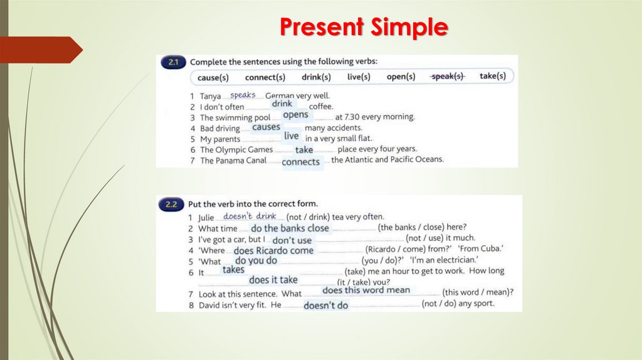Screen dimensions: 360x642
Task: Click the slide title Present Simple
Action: tap(364, 27)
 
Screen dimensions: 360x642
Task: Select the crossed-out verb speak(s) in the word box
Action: tap(447, 77)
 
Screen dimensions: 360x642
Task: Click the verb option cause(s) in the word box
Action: tap(213, 77)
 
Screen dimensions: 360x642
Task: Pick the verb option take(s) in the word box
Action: tap(492, 76)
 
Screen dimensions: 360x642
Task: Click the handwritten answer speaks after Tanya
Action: tap(243, 95)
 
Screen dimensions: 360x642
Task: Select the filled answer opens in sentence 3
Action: tap(295, 115)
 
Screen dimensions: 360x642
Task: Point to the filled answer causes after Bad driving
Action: tap(266, 127)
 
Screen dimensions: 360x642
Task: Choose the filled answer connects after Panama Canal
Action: tap(300, 162)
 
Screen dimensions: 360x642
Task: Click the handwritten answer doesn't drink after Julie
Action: tap(250, 216)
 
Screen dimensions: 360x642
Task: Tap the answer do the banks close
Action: tap(289, 228)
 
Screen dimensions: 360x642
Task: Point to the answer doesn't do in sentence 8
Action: tap(325, 305)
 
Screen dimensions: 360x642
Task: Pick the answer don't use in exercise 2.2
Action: tap(292, 240)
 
